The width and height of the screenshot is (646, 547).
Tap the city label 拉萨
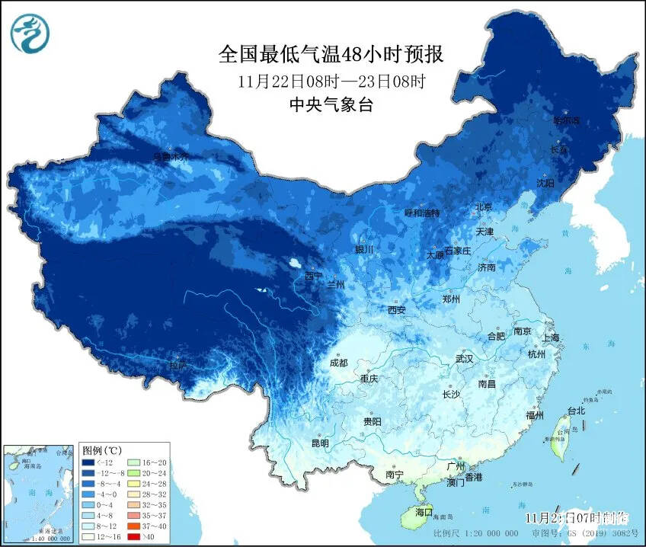tap(178, 366)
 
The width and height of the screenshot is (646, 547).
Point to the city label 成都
tap(340, 363)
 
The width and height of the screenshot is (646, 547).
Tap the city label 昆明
tap(320, 443)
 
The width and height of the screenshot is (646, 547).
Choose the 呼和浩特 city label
tap(421, 213)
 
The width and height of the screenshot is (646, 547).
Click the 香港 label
tap(474, 477)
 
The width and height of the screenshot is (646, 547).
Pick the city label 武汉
tap(464, 358)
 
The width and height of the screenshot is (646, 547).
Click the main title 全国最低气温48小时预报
tap(331, 55)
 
